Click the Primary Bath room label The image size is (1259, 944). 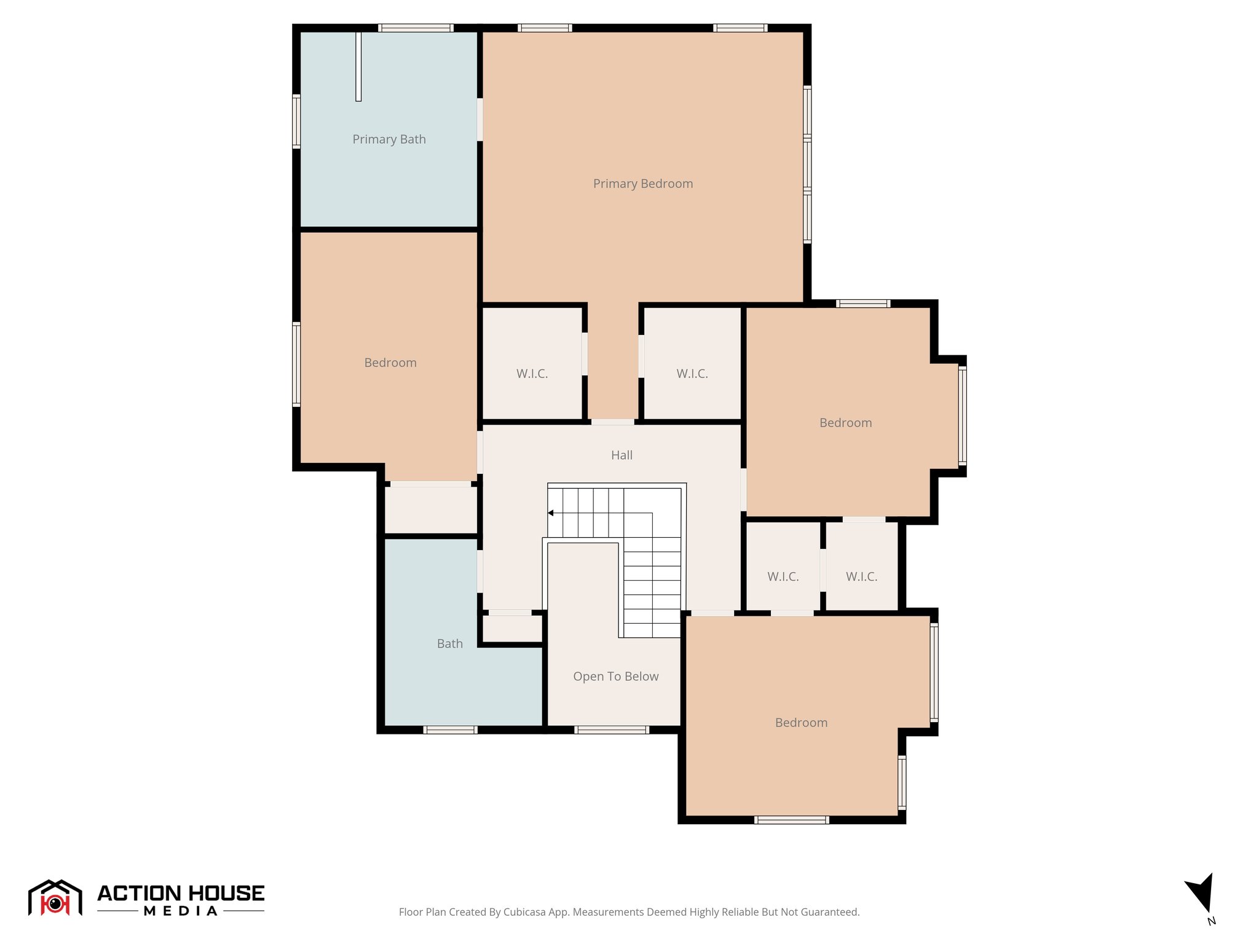(x=389, y=140)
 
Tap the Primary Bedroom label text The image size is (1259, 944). (x=642, y=184)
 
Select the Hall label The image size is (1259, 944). (x=622, y=455)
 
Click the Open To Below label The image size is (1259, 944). (x=615, y=677)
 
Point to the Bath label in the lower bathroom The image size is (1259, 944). (x=449, y=644)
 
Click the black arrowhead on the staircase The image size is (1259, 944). (x=551, y=513)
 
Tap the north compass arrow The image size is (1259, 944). (x=1201, y=892)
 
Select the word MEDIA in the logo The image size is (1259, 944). (x=181, y=911)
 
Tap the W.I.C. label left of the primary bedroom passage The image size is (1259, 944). (x=532, y=374)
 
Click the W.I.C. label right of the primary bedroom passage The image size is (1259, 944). (x=692, y=374)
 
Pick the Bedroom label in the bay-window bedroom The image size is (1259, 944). (x=845, y=423)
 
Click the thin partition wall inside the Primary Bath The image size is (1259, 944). (x=358, y=66)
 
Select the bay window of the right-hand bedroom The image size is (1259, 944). (x=962, y=415)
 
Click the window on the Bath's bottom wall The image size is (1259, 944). (x=450, y=730)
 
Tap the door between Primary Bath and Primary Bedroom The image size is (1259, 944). (x=480, y=120)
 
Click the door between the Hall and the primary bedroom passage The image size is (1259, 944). (x=612, y=422)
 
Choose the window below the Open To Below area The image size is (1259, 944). (x=612, y=730)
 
